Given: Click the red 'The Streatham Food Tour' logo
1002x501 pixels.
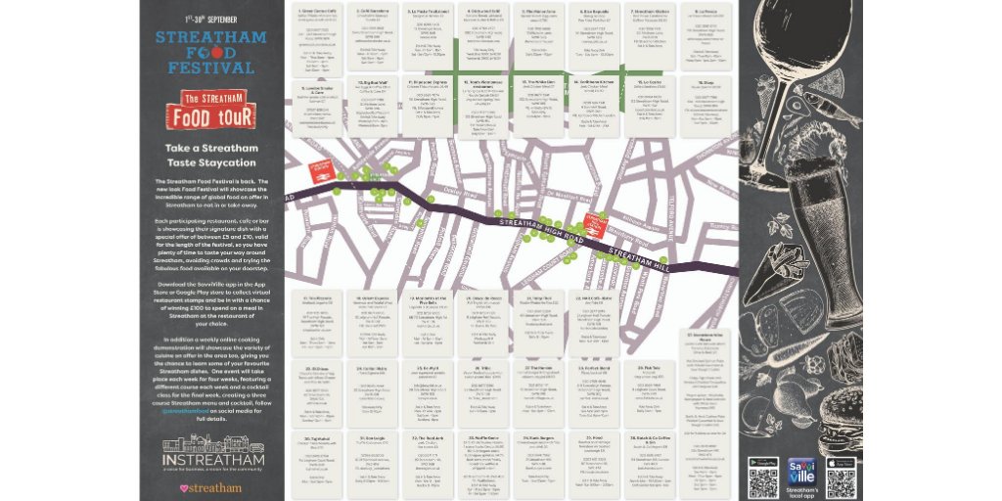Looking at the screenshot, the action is tap(212, 108).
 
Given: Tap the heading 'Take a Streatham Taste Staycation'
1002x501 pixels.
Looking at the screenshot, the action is tap(212, 154).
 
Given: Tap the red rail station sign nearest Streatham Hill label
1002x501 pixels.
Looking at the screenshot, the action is tap(591, 221).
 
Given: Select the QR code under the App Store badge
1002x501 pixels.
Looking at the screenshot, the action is tap(840, 482).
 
